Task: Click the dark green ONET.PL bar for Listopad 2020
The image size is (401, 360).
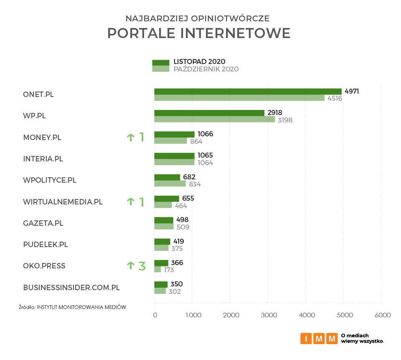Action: point(248,92)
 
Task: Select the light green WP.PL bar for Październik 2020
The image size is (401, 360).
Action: point(214,120)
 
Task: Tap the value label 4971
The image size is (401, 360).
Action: point(351,91)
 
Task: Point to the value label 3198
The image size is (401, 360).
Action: point(284,120)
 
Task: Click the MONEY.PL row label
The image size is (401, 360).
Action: point(42,137)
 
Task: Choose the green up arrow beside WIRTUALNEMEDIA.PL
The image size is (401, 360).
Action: point(131,202)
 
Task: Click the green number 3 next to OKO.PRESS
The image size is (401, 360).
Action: point(142,266)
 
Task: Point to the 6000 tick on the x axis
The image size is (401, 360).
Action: point(382,315)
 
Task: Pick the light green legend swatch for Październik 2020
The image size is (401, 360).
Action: point(161,69)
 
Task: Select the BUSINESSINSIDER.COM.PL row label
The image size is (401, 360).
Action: point(71,288)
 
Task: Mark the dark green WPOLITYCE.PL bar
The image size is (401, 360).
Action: point(167,177)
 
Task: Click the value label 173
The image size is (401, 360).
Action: point(169,270)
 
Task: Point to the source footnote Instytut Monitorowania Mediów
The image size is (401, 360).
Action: point(72,307)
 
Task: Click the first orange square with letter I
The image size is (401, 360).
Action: point(306,338)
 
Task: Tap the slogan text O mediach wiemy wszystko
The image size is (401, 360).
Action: point(362,338)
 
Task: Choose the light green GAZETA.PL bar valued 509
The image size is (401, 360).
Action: point(164,227)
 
